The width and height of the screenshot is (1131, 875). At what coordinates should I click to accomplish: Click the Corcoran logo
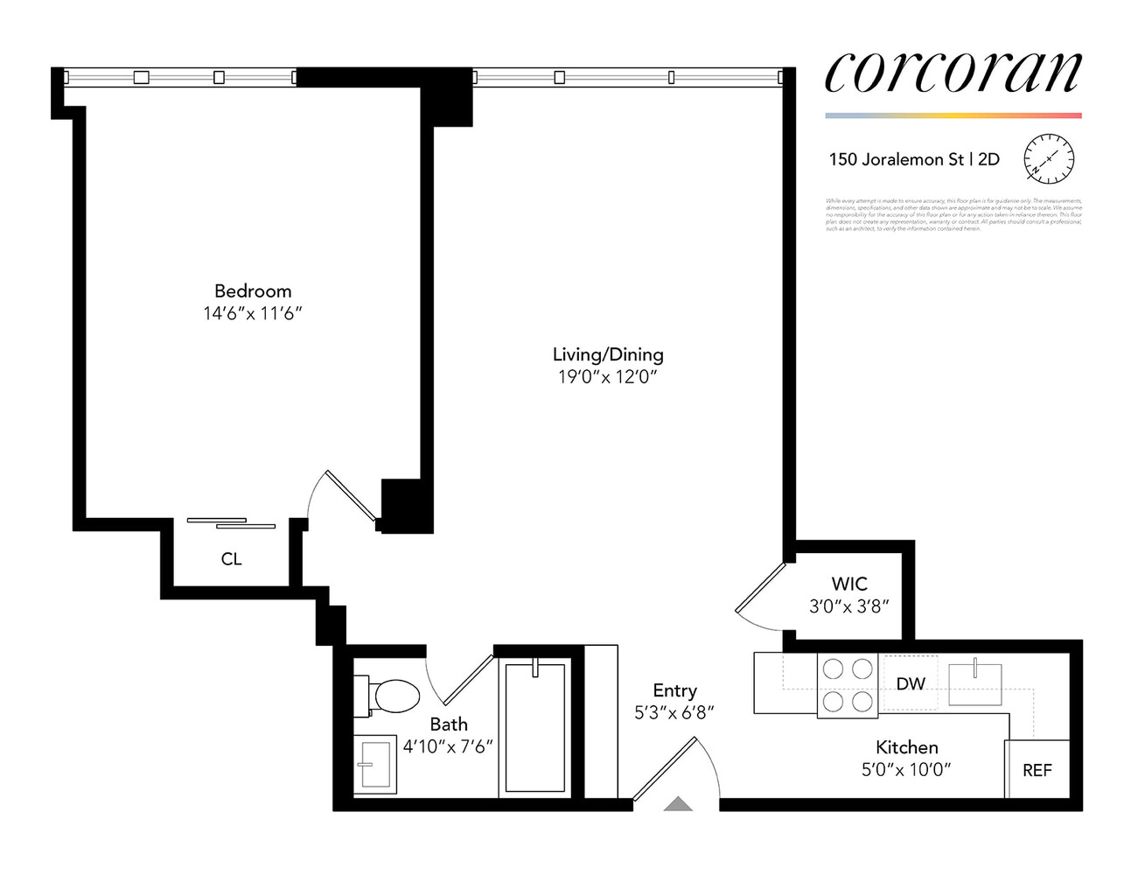(953, 73)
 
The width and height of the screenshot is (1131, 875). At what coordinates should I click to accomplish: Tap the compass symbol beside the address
(1048, 159)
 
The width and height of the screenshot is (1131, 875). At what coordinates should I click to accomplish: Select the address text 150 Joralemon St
(897, 159)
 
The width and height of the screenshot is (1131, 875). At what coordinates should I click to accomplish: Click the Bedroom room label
(253, 291)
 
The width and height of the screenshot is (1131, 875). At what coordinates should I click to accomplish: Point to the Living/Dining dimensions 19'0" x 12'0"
(607, 377)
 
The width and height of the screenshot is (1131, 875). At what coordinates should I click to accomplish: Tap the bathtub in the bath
(535, 727)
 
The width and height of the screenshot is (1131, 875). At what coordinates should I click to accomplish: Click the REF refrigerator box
(1037, 769)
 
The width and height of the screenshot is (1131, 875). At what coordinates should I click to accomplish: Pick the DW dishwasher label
(911, 683)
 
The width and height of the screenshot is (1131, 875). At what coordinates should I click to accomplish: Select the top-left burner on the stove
(834, 669)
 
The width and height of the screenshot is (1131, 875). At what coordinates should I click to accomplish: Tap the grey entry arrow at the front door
(678, 804)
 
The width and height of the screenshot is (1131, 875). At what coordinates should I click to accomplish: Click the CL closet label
(231, 559)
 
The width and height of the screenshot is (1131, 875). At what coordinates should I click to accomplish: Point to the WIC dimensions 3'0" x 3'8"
(848, 606)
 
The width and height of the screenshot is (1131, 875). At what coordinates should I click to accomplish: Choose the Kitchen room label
(906, 747)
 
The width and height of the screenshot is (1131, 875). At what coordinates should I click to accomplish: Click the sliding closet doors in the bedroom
(232, 523)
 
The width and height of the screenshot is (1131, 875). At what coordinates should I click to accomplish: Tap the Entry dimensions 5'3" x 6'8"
(674, 713)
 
